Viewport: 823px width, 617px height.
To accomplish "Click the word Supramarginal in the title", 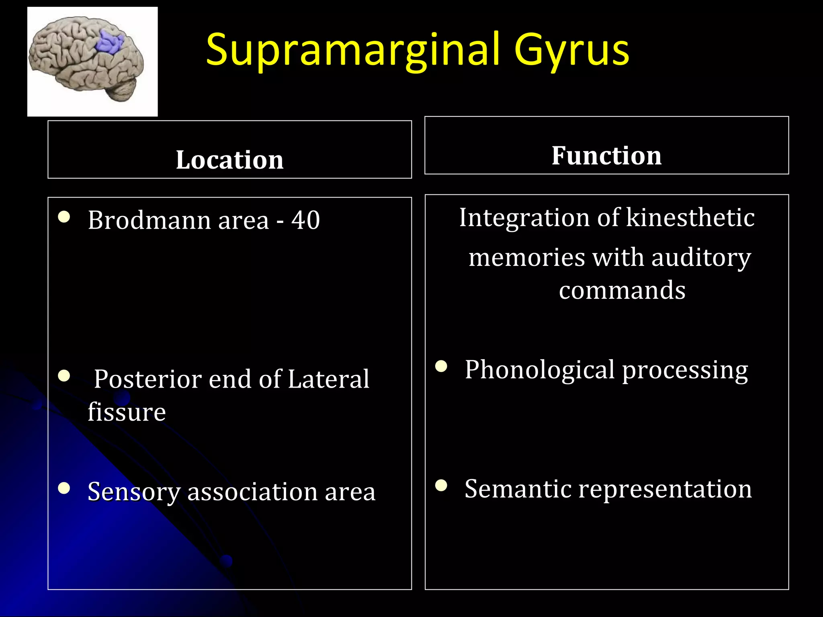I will (353, 50).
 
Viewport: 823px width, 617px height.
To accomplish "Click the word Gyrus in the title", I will (571, 50).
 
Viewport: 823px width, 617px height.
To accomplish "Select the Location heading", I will (229, 160).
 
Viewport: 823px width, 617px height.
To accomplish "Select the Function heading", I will (606, 155).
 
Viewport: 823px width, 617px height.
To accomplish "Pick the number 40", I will (305, 220).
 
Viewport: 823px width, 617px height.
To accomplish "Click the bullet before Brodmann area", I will (64, 217).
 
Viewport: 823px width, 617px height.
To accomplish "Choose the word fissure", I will (127, 412).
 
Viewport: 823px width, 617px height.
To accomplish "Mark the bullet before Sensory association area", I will (64, 488).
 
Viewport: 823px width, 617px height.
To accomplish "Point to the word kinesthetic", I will (690, 218).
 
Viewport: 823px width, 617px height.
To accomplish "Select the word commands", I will (622, 290).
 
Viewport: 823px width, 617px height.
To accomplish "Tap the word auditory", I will (701, 257).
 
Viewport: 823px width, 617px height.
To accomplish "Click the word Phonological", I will (539, 370).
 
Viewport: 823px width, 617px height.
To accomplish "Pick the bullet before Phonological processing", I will (441, 366).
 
